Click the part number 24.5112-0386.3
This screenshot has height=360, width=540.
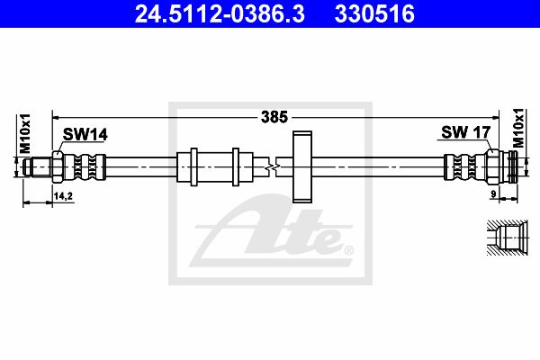pos(220,14)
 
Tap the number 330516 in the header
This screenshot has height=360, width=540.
pos(374,14)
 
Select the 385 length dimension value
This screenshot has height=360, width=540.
pos(274,117)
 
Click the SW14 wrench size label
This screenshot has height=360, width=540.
pos(85,134)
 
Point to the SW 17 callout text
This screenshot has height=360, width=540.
pos(465,132)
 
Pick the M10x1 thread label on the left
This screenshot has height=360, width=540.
pos(25,133)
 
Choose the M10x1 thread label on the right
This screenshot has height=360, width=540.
pos(518,128)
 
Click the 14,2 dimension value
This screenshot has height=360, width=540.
pos(63,196)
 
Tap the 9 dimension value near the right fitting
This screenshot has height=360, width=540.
pos(493,194)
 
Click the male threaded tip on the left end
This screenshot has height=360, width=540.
pos(38,167)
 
